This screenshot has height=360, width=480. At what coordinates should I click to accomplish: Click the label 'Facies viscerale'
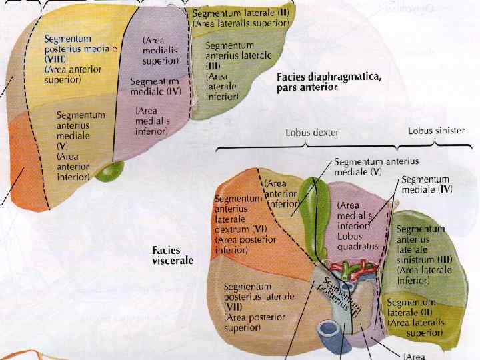tap(173, 254)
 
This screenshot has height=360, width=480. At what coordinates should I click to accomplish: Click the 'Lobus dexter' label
tap(311, 133)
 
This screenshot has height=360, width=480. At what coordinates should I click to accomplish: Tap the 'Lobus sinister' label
tap(436, 131)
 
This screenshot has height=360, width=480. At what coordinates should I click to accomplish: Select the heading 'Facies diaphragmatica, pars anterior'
tap(329, 82)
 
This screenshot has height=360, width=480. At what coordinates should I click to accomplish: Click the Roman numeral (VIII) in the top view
tap(58, 59)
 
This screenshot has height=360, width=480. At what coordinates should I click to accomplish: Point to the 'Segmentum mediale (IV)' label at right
tap(427, 185)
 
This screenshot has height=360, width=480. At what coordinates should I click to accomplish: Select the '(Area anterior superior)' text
tap(63, 74)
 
